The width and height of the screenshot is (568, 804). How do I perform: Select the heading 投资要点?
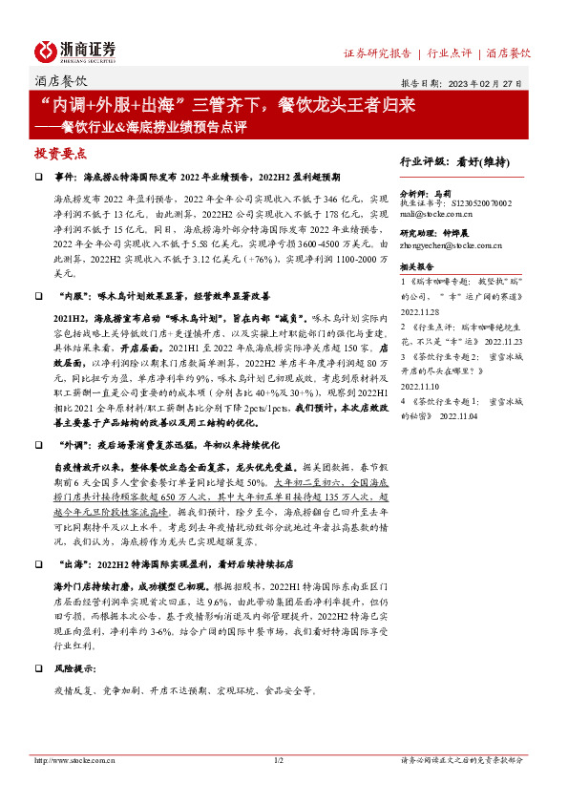[60, 153]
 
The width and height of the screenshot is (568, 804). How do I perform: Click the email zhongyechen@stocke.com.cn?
[451, 245]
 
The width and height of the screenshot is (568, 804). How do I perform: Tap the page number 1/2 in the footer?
[280, 760]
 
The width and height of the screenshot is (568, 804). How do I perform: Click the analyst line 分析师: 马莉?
[424, 192]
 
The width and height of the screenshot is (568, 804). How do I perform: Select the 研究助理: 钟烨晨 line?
[437, 232]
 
